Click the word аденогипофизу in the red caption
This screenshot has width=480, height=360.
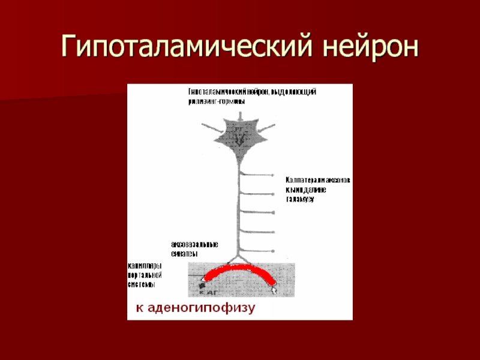pyautogui.click(x=214, y=308)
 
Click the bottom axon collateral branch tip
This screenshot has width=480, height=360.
pyautogui.click(x=274, y=250)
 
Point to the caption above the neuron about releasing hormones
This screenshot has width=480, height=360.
pyautogui.click(x=252, y=97)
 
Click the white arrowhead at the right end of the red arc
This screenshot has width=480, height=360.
pyautogui.click(x=274, y=289)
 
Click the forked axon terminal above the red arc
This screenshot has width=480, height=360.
pyautogui.click(x=238, y=259)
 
